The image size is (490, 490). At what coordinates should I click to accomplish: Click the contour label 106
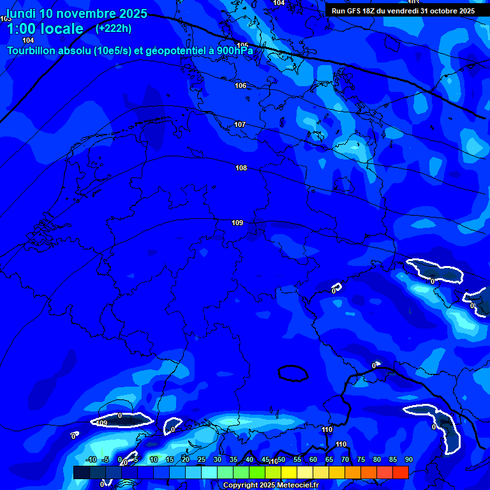coord(241,85)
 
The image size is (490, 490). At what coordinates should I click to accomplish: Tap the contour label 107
coord(240,124)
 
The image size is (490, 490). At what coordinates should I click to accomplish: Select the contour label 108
coord(241,168)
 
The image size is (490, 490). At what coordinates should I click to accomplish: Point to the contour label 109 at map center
coord(237,223)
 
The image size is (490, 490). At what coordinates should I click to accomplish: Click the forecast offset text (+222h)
coord(114,28)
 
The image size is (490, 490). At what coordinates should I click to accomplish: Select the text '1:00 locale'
coord(45,29)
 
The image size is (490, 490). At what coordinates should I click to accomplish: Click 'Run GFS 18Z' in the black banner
coord(353,11)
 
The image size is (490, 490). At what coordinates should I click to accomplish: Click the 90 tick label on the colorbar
coord(408,459)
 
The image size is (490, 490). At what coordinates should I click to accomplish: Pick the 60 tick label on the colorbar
coord(313,459)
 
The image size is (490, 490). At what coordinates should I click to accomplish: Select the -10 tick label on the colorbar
coord(91,459)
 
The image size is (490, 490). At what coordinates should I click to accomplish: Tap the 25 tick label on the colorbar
coord(201,459)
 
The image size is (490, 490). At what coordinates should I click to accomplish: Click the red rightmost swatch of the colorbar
coord(400,472)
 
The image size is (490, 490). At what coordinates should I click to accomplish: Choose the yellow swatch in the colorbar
coord(288,472)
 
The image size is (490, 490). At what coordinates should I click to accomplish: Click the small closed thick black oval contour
coord(293,373)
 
